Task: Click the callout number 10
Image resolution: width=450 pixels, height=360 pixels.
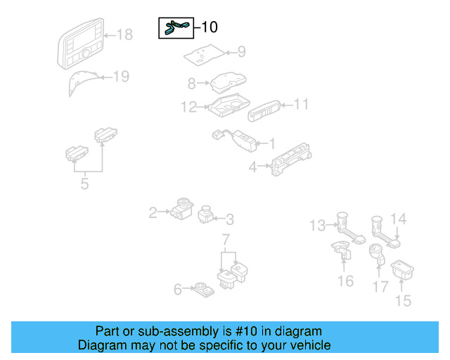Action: pos(210,27)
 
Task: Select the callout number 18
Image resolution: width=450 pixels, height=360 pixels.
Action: pos(124,34)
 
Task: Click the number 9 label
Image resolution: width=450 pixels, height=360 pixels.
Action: pos(241,51)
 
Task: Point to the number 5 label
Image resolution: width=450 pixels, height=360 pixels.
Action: pos(84,184)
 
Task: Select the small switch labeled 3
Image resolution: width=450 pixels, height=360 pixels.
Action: pos(207,214)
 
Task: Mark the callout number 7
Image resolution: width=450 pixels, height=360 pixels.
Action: pos(226,241)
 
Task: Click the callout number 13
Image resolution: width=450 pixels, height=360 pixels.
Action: pos(318,225)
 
